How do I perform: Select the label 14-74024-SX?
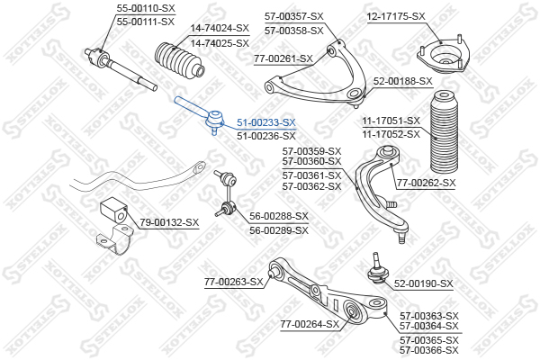tap(220, 29)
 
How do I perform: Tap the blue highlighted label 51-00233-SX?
tap(265, 121)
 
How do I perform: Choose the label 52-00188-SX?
tap(403, 82)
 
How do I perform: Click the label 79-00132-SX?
tap(169, 222)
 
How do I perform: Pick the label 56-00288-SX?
tap(278, 216)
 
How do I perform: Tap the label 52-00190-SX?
tap(423, 283)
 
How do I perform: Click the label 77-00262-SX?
tap(427, 184)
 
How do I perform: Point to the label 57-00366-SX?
tap(428, 351)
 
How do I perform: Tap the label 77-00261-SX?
tap(283, 58)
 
